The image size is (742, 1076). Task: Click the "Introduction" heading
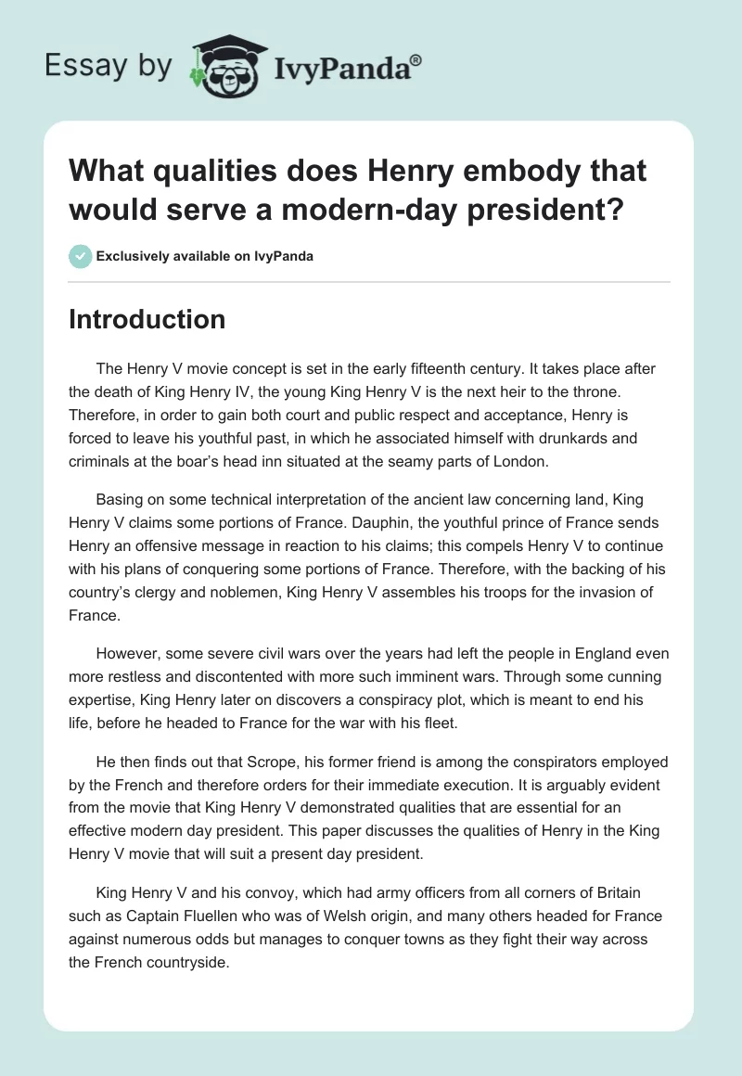(147, 319)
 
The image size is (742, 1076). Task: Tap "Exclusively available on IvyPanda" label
(206, 256)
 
